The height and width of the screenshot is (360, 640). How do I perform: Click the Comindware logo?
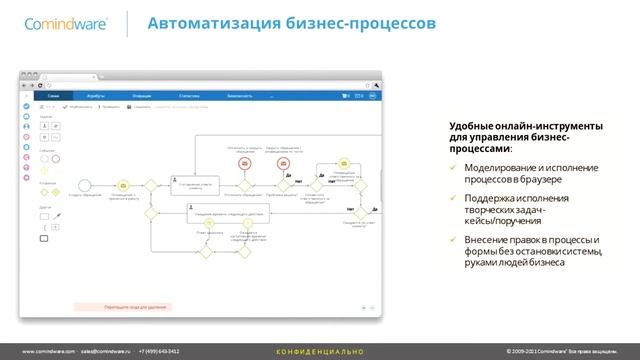click(61, 24)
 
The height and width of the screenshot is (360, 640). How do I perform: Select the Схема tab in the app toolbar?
click(54, 96)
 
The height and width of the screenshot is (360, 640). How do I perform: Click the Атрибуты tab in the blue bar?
click(97, 96)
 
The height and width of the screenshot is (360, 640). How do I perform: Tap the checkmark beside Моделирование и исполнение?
click(451, 167)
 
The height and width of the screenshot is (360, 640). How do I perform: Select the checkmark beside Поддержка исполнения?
click(451, 198)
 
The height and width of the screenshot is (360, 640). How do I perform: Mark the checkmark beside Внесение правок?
click(451, 240)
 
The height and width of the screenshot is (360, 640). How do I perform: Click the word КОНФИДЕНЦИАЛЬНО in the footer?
click(320, 352)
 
